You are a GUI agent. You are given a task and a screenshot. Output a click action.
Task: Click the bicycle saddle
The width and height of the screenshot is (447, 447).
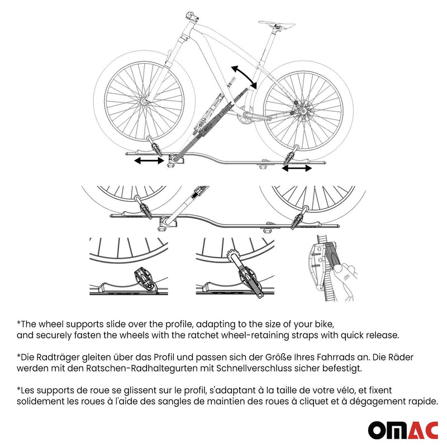tap(277, 25)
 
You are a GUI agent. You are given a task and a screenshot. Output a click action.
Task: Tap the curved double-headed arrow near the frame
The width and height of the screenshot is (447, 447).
tap(245, 76)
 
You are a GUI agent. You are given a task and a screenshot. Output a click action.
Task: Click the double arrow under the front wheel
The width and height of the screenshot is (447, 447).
tap(149, 161)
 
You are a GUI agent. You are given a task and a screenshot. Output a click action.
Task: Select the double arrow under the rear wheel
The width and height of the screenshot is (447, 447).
tap(297, 168)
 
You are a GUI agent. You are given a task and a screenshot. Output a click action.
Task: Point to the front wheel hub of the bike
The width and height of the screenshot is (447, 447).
tap(144, 101)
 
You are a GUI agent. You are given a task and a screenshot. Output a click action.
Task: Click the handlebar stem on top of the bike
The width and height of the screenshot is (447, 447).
tap(192, 16)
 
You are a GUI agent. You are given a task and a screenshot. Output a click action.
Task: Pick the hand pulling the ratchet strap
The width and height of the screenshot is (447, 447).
tap(344, 281)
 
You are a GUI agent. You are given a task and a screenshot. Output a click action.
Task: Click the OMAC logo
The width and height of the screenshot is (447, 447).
tap(403, 430)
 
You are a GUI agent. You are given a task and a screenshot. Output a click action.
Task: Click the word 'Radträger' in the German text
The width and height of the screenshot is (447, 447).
tap(58, 358)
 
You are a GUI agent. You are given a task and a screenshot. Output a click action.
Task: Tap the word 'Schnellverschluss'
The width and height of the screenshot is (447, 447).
tap(254, 368)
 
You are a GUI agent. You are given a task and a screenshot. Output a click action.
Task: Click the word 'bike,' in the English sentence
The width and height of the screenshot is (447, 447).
tap(324, 324)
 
